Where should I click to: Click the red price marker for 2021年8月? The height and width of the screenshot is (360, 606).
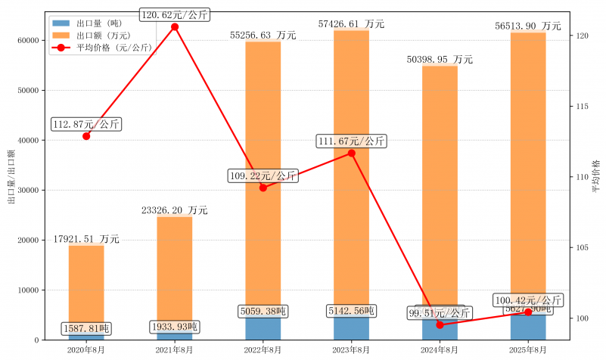[x=175, y=27]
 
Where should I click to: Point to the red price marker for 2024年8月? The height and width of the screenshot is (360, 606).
[x=440, y=324]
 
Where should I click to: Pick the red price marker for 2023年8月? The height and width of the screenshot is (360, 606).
[x=352, y=154]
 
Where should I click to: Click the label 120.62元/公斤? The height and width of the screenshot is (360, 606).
[x=175, y=14]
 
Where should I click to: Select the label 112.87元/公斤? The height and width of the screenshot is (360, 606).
[x=85, y=124]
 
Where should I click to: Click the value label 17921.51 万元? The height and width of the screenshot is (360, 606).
[x=86, y=239]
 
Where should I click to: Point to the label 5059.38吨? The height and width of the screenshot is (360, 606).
[x=263, y=311]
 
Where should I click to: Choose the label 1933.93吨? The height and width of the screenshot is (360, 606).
[x=175, y=327]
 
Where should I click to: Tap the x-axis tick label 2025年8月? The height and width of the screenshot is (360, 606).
[x=528, y=350]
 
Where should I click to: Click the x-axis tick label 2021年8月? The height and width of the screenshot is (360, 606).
[x=175, y=350]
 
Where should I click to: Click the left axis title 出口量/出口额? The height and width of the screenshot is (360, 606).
[x=11, y=178]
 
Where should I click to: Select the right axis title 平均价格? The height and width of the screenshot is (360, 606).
[x=596, y=178]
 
